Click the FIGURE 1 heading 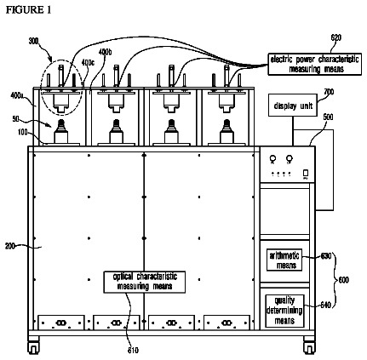click(28, 10)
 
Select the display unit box click(293, 106)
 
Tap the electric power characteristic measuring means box click(315, 64)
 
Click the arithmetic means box click(284, 260)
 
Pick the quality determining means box click(284, 311)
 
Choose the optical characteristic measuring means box click(145, 282)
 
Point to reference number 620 click(335, 37)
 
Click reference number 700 click(329, 92)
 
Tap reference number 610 click(133, 351)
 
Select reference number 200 click(10, 246)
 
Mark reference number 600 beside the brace click(343, 280)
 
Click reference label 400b click(105, 52)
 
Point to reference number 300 click(33, 41)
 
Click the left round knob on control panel click(272, 159)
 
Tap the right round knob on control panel click(290, 159)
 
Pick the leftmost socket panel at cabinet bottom click(61, 323)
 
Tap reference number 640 click(326, 306)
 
